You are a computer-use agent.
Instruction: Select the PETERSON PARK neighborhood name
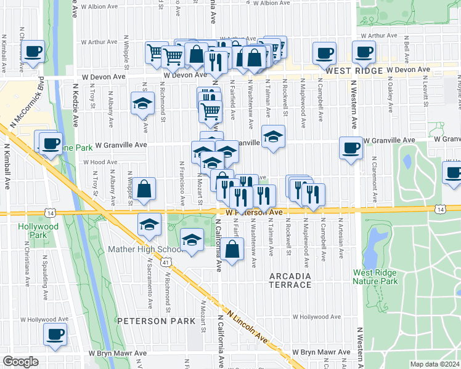(147, 321)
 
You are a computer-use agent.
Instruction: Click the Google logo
(20, 362)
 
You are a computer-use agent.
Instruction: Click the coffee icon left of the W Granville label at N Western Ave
(351, 148)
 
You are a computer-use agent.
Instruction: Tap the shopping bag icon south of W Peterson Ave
(231, 249)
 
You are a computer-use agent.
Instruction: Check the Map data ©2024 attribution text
(434, 364)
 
